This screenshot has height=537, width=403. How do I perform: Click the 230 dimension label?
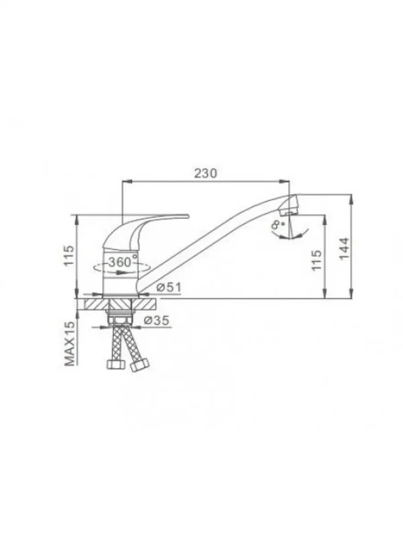(206, 173)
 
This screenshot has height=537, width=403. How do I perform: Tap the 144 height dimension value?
(344, 249)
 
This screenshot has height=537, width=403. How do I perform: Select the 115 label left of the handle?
(68, 255)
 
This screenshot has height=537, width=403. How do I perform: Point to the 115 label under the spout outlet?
(316, 260)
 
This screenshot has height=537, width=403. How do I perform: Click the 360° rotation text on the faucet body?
(123, 262)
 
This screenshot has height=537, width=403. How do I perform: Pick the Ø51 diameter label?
(169, 287)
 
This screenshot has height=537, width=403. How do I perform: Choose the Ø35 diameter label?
(157, 320)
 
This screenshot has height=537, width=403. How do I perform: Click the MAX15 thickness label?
(69, 344)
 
